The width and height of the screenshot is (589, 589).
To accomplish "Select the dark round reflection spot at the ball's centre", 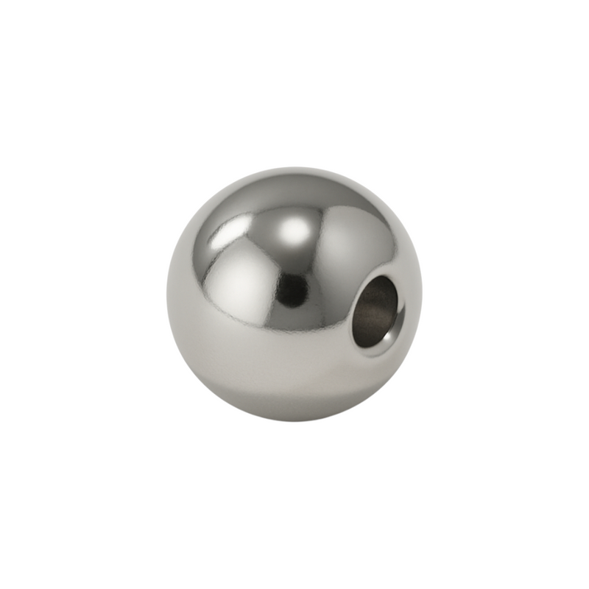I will coord(292,289).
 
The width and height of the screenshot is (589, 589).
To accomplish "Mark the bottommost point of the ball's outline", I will coord(294,422).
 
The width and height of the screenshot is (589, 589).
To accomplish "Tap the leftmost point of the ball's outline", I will coord(167,294).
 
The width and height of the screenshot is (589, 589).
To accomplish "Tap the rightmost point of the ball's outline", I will coord(422,294).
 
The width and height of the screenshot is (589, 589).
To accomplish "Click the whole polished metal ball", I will coord(294,294).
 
